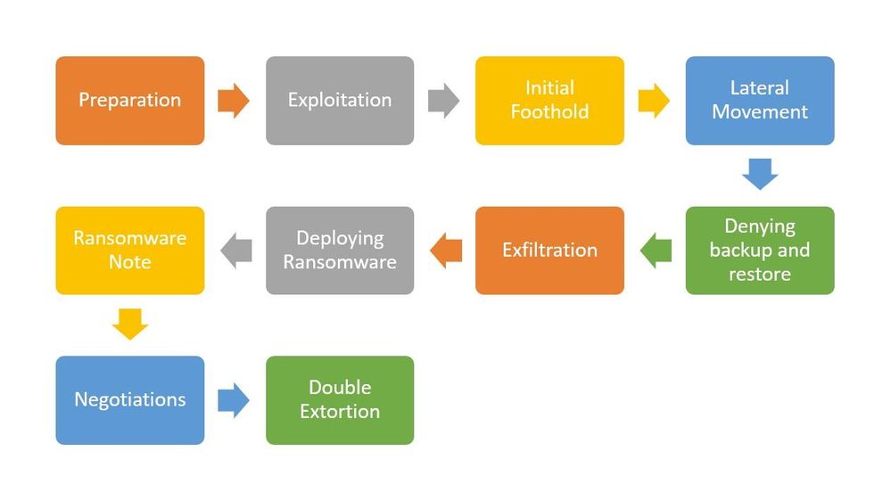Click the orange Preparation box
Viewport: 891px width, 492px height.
point(130,101)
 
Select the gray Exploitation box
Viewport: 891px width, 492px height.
point(340,101)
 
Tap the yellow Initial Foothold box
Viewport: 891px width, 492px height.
point(549,101)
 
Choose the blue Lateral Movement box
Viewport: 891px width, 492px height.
point(760,101)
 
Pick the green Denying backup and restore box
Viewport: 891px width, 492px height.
point(760,250)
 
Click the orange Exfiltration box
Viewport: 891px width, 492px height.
point(549,250)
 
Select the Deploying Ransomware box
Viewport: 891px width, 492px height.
point(340,250)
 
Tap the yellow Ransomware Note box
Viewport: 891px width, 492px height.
point(130,250)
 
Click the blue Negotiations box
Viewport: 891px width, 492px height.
point(130,400)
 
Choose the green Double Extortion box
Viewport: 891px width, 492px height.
point(340,400)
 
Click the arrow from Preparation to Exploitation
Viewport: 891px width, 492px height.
point(234,101)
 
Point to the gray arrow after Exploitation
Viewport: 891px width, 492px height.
point(444,101)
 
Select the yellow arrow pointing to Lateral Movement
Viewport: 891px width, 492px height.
point(654,101)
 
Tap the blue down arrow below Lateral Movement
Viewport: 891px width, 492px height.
point(760,174)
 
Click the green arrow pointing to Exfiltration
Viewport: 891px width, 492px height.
point(656,250)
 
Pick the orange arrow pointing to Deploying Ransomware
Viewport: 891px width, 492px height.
point(446,250)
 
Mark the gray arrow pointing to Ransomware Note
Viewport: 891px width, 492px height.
point(235,250)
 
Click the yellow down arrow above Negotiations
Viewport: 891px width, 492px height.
point(130,324)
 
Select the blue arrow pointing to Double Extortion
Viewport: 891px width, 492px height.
point(234,400)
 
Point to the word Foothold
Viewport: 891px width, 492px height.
point(549,112)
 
